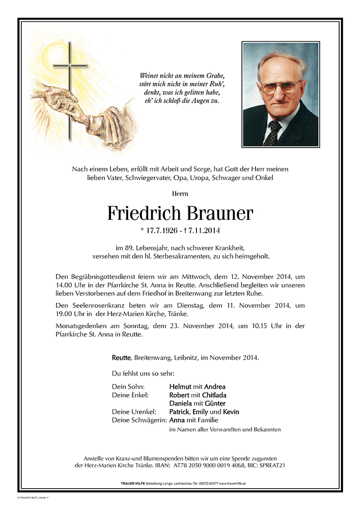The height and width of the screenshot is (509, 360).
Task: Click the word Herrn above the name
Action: (180, 193)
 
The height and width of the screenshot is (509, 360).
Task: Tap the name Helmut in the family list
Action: (180, 386)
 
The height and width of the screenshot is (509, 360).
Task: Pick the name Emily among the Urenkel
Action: (200, 411)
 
